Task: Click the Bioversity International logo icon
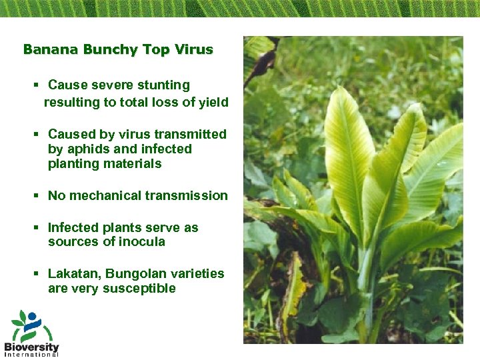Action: pyautogui.click(x=29, y=326)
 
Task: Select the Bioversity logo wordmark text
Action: pyautogui.click(x=31, y=347)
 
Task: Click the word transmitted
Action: pyautogui.click(x=191, y=135)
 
